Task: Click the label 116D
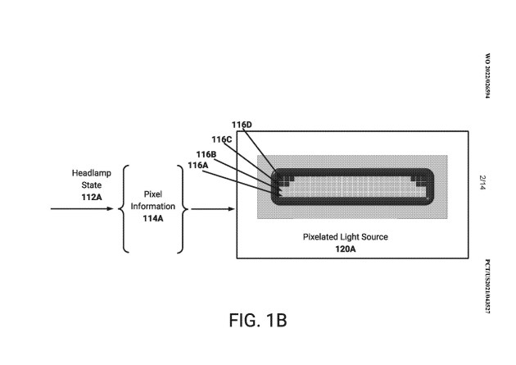point(242,125)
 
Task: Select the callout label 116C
point(222,139)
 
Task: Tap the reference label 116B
point(206,154)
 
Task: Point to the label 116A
point(197,165)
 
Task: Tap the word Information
point(152,207)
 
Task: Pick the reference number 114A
point(152,218)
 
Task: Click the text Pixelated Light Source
point(346,236)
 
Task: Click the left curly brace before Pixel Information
point(124,208)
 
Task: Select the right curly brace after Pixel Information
point(184,208)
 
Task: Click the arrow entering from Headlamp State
point(82,208)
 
